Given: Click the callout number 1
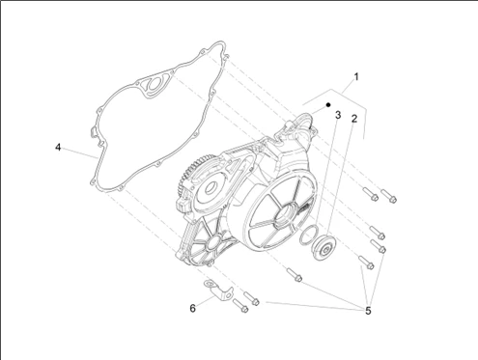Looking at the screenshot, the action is tap(356, 77).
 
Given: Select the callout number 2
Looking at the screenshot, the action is tap(354, 119).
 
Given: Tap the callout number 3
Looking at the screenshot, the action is tap(338, 115).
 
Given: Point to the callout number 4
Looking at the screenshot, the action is tap(58, 148).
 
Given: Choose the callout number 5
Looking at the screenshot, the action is tap(368, 311).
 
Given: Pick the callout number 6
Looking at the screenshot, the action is tap(192, 308).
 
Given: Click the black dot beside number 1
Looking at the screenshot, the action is tap(328, 104).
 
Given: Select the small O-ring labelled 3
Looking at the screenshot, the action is tap(308, 235).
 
